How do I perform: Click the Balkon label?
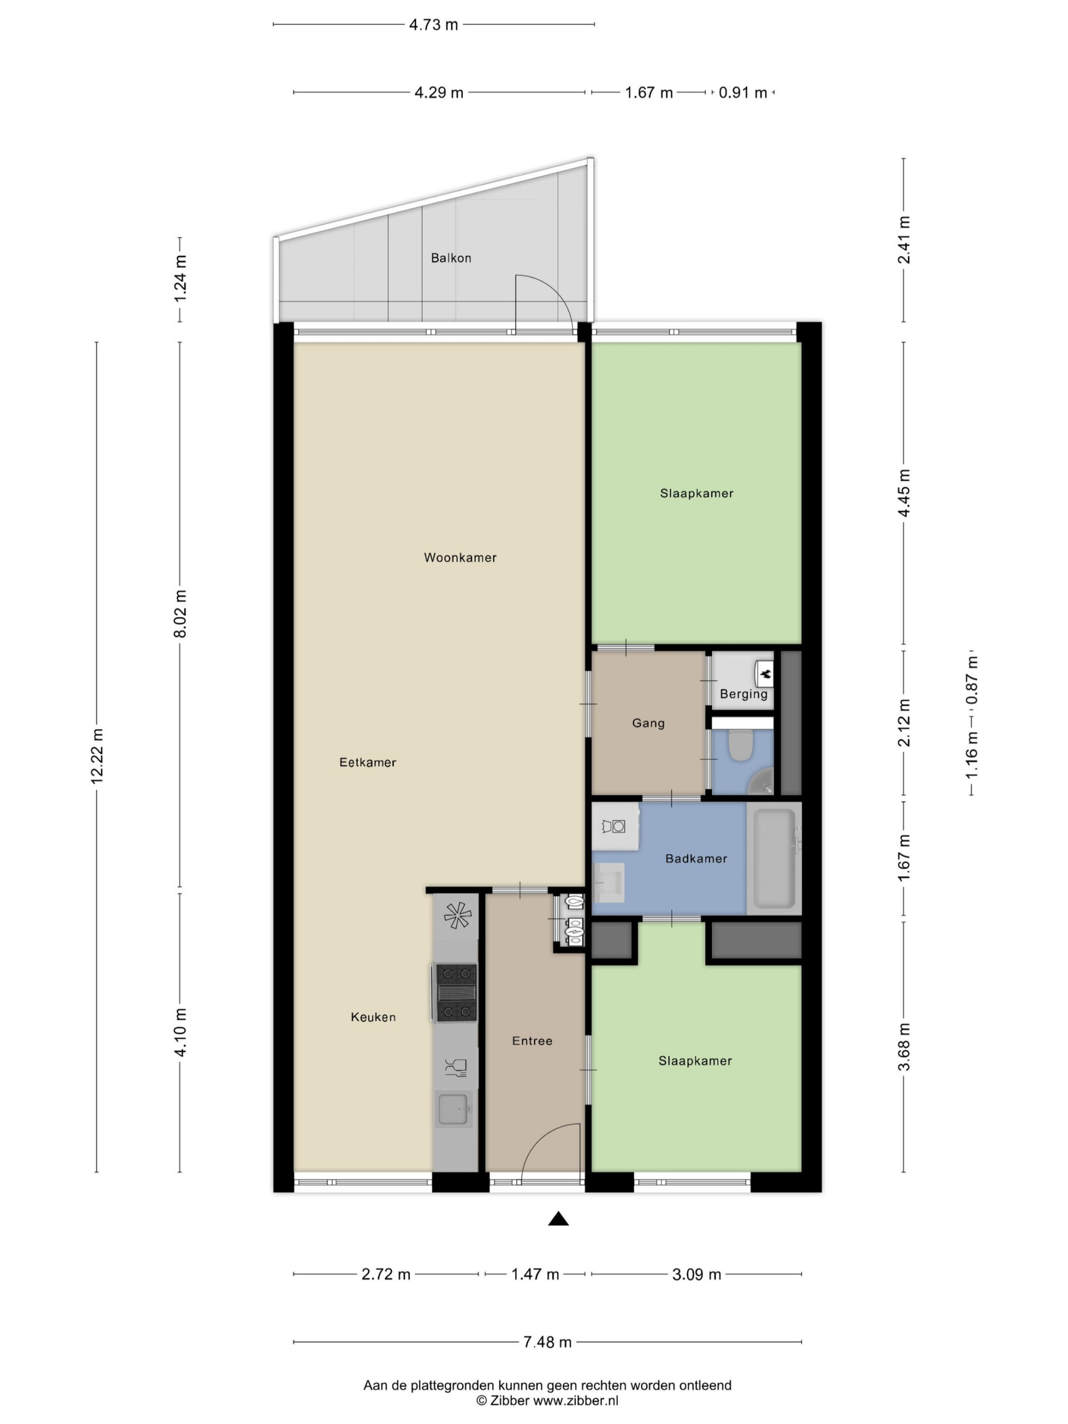[451, 258]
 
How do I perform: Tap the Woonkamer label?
[459, 557]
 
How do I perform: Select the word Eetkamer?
[368, 762]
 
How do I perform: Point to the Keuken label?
[373, 1017]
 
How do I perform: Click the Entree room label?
[532, 1041]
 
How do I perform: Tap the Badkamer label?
[696, 859]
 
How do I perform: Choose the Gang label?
[647, 723]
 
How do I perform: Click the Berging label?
[744, 695]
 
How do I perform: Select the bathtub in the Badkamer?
[775, 858]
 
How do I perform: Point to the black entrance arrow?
[558, 1219]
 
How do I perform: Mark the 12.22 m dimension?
[97, 756]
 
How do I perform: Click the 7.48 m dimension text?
[547, 1342]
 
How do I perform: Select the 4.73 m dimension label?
[433, 24]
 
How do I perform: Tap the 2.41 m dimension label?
[904, 240]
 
